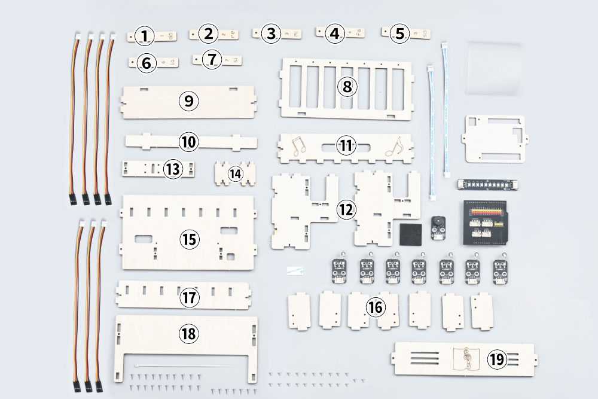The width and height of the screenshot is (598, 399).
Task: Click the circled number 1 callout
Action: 144,36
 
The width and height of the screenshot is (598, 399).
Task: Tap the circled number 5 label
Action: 399,33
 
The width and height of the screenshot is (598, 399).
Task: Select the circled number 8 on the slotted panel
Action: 347,86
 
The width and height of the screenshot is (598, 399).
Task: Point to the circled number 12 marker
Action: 346,209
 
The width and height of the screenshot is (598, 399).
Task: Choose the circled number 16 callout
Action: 376,307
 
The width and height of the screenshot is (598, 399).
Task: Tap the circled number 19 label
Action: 496,360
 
